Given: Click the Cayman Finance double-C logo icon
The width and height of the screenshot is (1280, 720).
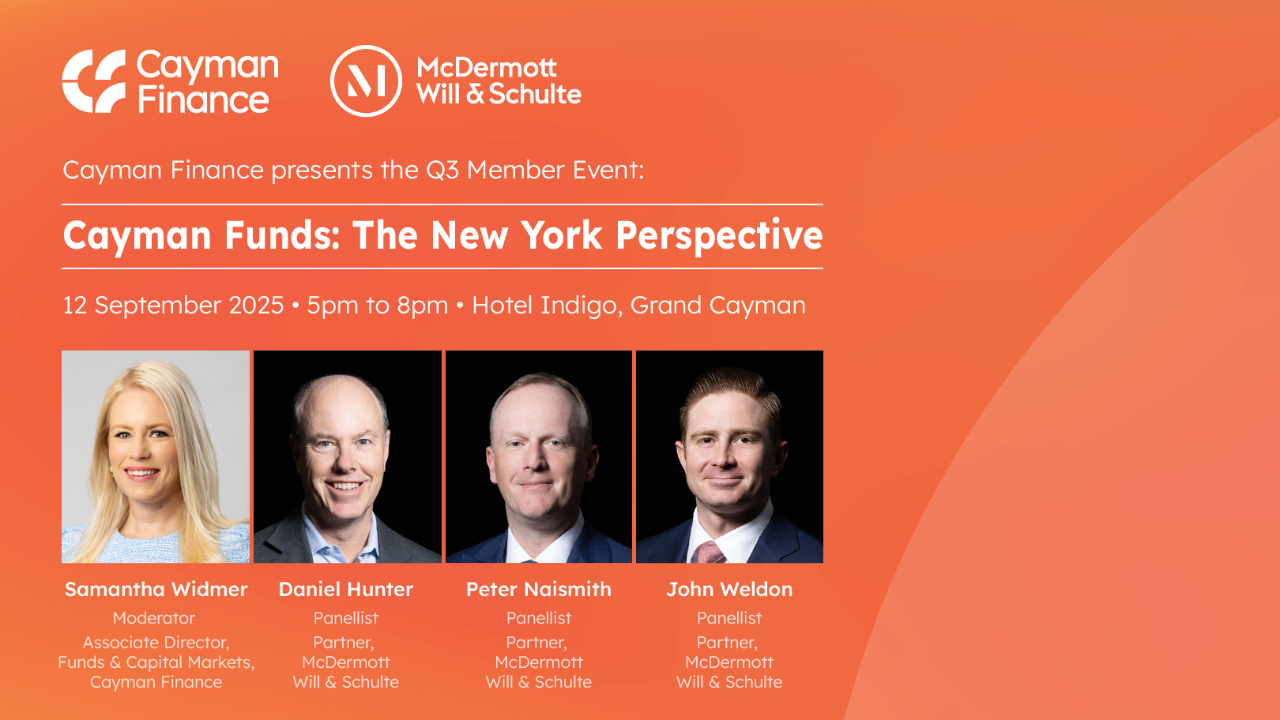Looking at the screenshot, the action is tap(94, 81).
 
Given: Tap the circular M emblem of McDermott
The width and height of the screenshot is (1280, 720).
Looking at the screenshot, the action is tap(366, 81).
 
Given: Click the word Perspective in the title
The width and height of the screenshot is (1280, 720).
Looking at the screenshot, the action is tap(719, 236).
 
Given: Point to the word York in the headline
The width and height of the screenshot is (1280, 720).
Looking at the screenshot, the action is tap(561, 235).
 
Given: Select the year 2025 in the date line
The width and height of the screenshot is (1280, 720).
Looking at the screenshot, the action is tap(257, 305).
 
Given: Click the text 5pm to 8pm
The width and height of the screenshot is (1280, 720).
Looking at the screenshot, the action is tap(377, 306).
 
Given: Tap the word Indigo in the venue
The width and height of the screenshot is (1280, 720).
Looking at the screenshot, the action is tap(581, 306).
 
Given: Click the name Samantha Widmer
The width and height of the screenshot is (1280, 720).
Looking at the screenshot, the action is tap(156, 589).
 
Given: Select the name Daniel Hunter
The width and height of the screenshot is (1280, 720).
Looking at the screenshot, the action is tap(346, 589).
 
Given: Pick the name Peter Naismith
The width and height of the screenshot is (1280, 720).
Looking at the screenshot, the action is tap(539, 589).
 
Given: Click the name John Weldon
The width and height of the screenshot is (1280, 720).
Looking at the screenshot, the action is tap(730, 589).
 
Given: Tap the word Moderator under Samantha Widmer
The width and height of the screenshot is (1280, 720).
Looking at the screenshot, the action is tap(154, 618).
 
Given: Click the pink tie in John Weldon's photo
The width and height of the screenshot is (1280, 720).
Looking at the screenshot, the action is tap(710, 552).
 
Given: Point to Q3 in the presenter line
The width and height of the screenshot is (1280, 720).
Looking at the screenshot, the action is tap(442, 171).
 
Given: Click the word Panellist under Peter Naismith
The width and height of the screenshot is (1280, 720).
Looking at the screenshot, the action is tap(539, 618).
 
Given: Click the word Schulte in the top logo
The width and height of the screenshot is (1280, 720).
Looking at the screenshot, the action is tap(536, 94).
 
